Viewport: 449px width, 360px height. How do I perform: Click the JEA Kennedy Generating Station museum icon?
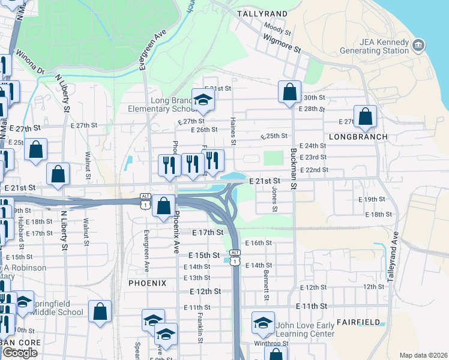coord(419,45)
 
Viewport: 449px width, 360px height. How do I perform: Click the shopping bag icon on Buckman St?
coord(289,92)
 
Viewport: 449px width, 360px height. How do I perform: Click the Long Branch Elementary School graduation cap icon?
coord(203,100)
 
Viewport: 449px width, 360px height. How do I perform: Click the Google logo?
coord(20,353)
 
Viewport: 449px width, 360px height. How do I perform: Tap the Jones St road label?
coord(274,198)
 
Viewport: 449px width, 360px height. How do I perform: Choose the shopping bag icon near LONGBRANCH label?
coord(364,116)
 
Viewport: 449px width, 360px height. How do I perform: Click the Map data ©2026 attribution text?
coord(424,355)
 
